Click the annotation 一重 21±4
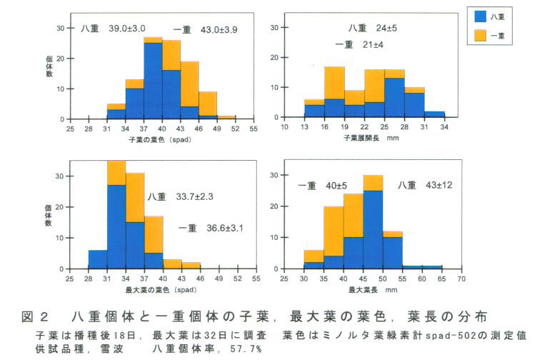pos(360,45)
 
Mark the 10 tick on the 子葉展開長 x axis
pos(285,128)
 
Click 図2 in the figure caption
pos(45,316)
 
